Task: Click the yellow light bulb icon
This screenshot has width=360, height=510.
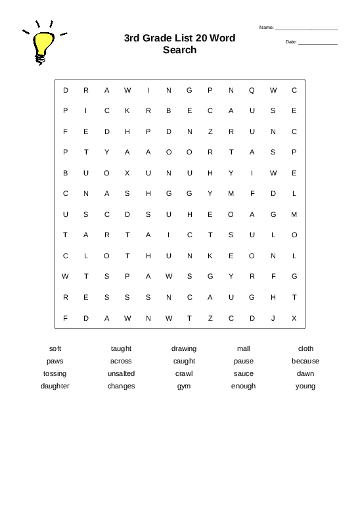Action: [x=43, y=45]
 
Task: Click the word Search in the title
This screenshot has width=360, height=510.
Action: [x=179, y=50]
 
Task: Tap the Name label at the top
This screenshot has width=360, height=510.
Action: [x=266, y=28]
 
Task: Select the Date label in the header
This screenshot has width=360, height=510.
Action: [x=291, y=42]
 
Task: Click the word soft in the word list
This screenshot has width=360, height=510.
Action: [x=55, y=348]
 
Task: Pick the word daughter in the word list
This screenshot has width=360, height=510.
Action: [x=55, y=386]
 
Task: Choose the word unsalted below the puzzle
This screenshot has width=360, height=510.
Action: [x=121, y=373]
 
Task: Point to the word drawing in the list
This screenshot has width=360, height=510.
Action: [x=184, y=348]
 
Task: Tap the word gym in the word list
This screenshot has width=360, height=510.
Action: [x=184, y=386]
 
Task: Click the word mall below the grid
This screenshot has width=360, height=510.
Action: [x=244, y=348]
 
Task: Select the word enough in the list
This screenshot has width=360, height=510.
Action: [x=244, y=386]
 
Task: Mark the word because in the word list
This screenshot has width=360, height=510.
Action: [x=305, y=361]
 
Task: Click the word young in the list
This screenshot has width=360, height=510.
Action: [x=305, y=386]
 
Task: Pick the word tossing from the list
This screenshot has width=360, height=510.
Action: [x=55, y=373]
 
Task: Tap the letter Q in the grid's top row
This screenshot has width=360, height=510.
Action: [x=252, y=90]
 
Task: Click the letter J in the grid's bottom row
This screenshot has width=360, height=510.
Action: [x=273, y=318]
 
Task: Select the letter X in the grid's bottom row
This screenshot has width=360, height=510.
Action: [x=294, y=318]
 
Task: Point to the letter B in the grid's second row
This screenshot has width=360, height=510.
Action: [x=169, y=110]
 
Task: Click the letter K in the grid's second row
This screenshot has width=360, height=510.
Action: [x=127, y=110]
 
